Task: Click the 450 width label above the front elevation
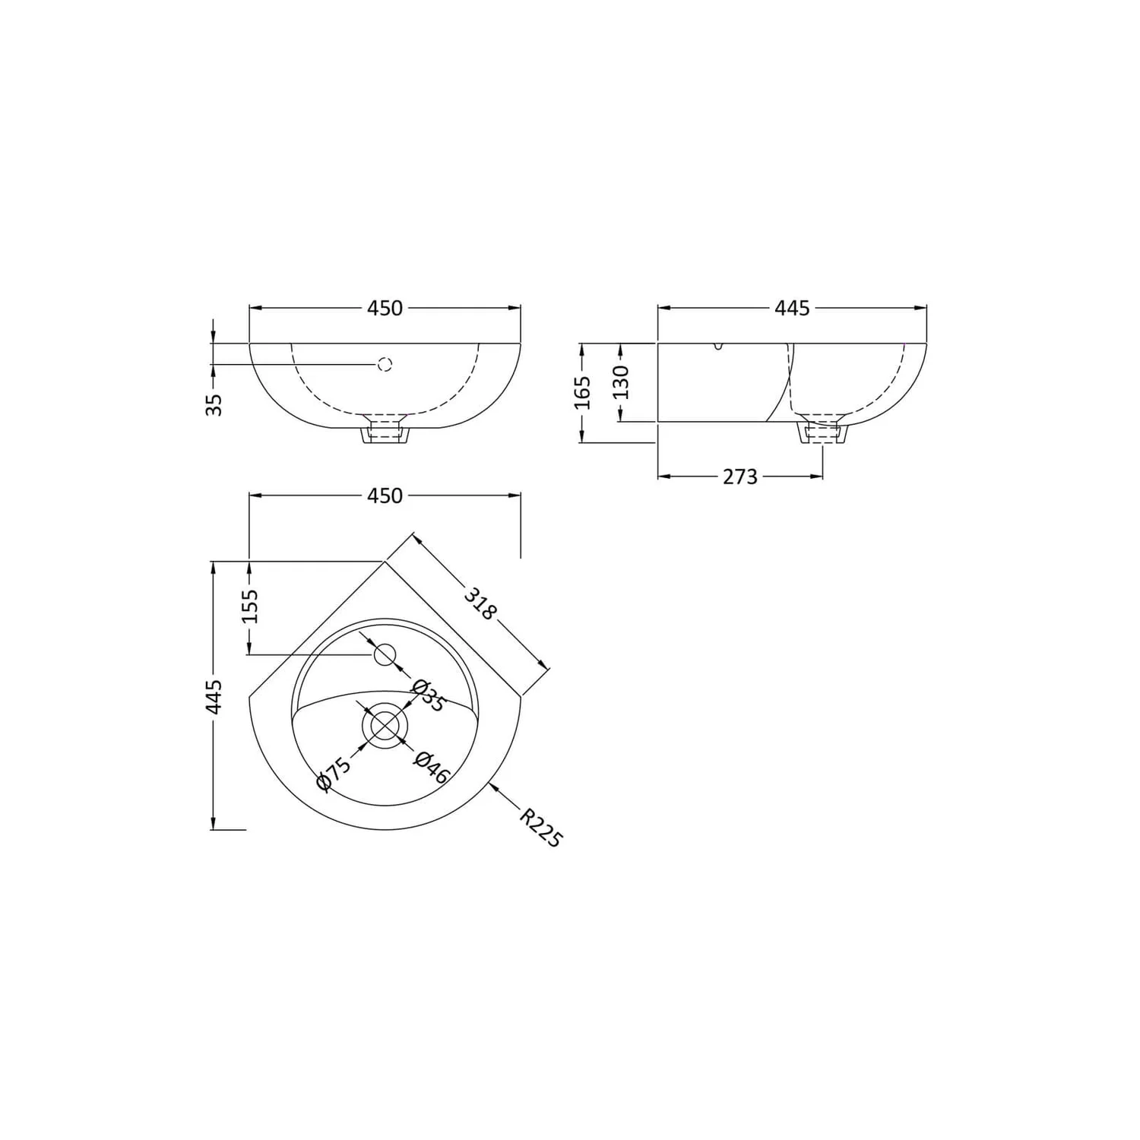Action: [385, 308]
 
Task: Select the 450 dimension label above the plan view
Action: [385, 496]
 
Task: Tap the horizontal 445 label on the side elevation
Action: [792, 308]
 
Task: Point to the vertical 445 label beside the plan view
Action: [214, 696]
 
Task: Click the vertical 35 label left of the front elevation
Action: [215, 404]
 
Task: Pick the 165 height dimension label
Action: [583, 392]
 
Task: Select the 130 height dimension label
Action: [621, 382]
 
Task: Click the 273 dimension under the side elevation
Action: [739, 477]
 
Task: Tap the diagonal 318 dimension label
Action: [481, 603]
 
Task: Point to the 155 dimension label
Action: [250, 606]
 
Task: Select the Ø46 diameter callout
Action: [432, 768]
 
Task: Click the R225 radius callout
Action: [541, 828]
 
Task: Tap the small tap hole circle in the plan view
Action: [385, 654]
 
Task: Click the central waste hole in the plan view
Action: [385, 725]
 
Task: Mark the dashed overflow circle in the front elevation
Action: [385, 364]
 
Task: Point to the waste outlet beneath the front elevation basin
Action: [385, 433]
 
